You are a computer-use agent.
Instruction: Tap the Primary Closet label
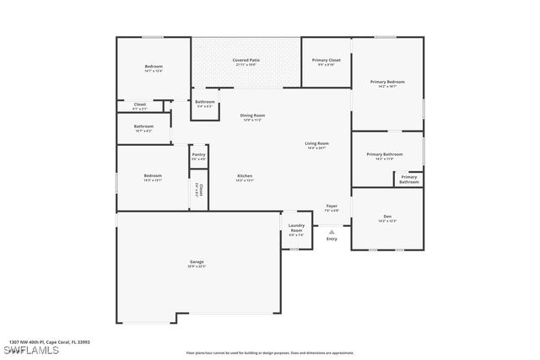point(326,61)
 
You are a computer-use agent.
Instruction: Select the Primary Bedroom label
point(387,83)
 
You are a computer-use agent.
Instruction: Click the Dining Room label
point(252,116)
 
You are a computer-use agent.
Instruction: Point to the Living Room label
point(316,144)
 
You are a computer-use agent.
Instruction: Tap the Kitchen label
point(244,176)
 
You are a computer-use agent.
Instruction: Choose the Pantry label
point(198,155)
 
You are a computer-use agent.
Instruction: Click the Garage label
point(196,263)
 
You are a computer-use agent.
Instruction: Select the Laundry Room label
point(296,228)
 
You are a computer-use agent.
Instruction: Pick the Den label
point(387,217)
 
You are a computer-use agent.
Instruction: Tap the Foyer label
point(332,206)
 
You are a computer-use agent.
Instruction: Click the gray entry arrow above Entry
point(332,231)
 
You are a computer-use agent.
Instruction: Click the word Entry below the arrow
point(332,239)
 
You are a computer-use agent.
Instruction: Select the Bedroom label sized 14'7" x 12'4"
point(153,67)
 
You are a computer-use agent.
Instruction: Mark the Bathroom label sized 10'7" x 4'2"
point(143,127)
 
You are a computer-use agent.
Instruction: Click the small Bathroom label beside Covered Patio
point(205,102)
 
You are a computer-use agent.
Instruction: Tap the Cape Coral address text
point(49,341)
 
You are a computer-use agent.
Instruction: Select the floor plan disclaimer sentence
point(270,353)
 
